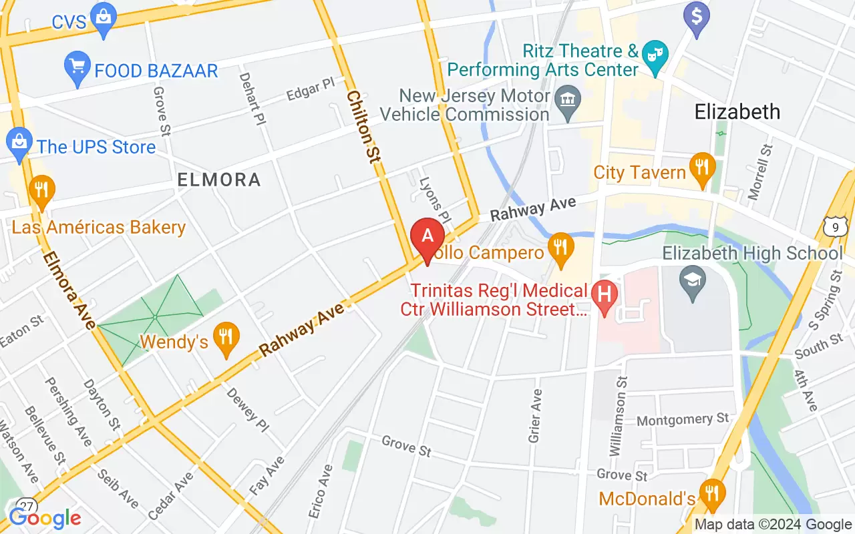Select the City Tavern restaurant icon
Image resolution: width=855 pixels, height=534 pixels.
[x=701, y=168]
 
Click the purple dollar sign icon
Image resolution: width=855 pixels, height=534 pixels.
[x=697, y=17]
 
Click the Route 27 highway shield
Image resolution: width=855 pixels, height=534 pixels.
[x=27, y=505]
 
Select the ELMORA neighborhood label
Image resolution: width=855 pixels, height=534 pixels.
[x=219, y=179]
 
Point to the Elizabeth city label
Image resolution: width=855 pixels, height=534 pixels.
[x=737, y=111]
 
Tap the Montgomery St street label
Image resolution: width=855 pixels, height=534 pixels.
[x=683, y=420]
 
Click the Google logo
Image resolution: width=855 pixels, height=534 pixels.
[x=45, y=517]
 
